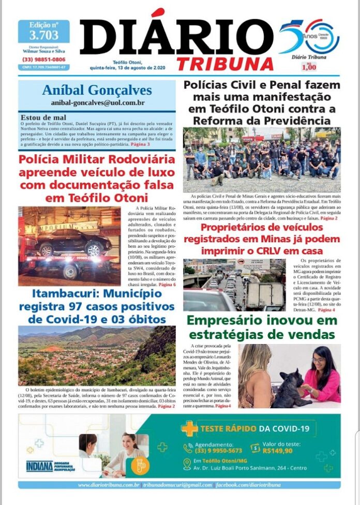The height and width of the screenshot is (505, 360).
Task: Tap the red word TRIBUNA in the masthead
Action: click(x=224, y=64)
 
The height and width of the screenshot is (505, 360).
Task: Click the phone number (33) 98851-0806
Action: click(x=44, y=60)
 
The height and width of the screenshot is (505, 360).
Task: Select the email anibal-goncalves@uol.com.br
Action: click(x=97, y=103)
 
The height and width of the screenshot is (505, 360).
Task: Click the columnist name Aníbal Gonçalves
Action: click(x=97, y=91)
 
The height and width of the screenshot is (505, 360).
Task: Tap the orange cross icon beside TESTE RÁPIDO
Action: click(x=189, y=429)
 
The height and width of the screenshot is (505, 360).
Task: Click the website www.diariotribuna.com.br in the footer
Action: click(x=109, y=485)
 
